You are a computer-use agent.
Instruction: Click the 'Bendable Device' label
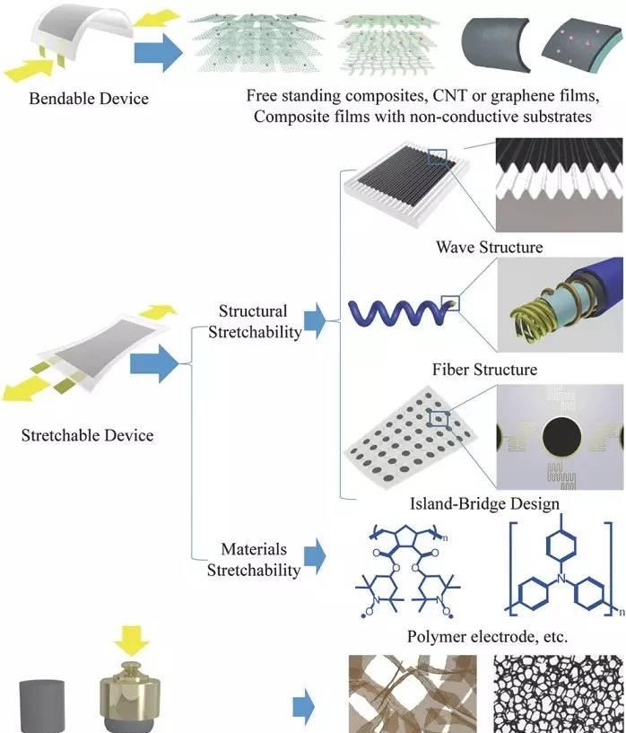click(89, 98)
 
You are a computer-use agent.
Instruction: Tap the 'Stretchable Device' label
click(87, 436)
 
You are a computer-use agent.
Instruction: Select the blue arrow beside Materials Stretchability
click(315, 557)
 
